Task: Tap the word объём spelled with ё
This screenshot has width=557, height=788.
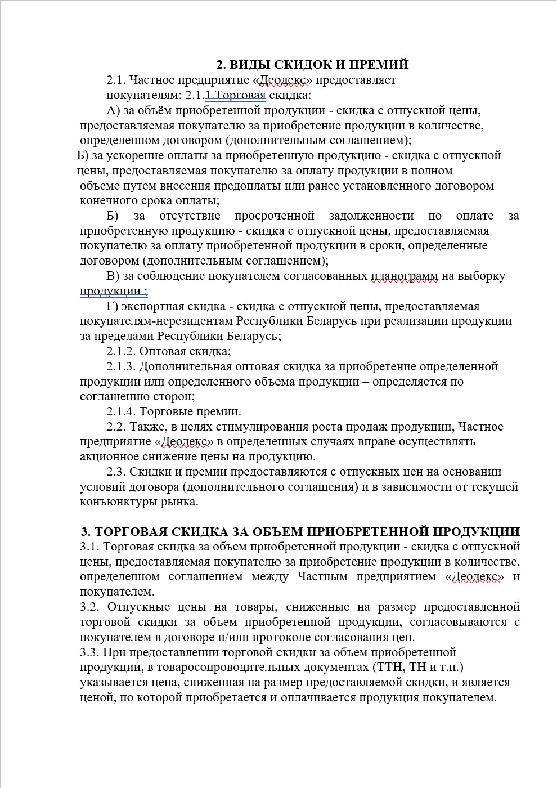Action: [x=169, y=110]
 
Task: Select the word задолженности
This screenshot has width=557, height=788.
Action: [x=372, y=216]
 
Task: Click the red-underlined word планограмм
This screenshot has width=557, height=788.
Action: [x=404, y=276]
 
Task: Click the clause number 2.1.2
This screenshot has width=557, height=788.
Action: [x=121, y=351]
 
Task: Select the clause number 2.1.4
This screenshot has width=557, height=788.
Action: [x=121, y=411]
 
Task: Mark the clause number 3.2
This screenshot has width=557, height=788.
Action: [x=89, y=607]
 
